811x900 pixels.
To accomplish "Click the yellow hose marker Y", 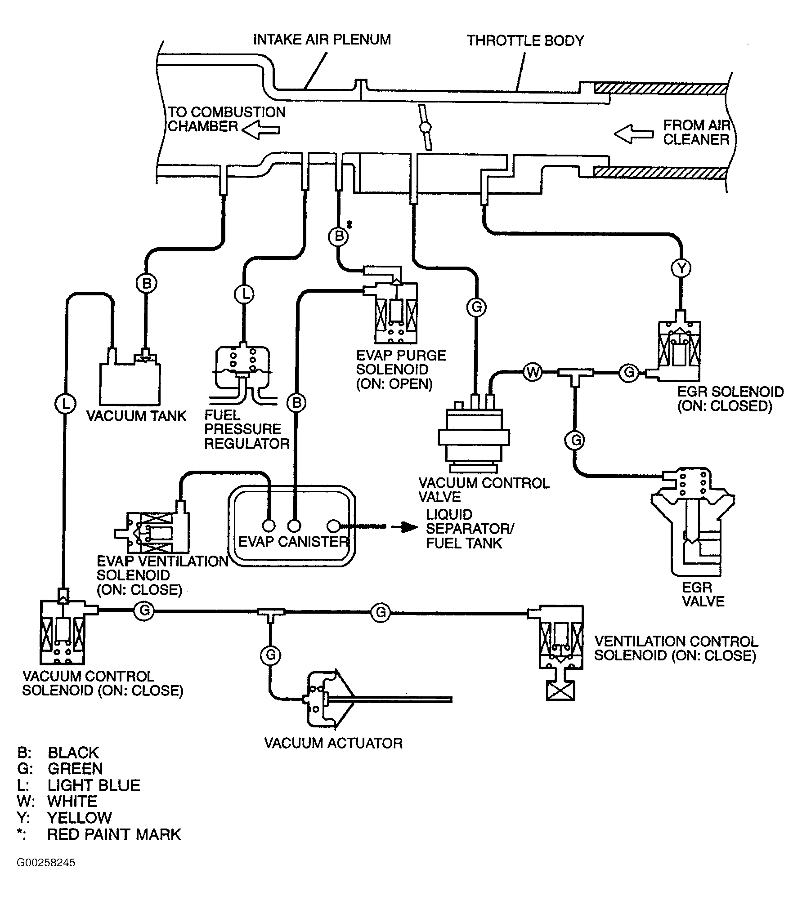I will pyautogui.click(x=681, y=268).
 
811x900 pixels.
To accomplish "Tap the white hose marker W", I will pyautogui.click(x=532, y=372).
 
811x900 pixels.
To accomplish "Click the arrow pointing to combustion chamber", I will pyautogui.click(x=261, y=130).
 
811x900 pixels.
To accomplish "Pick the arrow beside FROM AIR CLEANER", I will pyautogui.click(x=633, y=134).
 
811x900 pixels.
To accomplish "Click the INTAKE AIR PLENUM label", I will pyautogui.click(x=322, y=40).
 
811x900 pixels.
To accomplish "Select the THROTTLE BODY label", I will pyautogui.click(x=525, y=41).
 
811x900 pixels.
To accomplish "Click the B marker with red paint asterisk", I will pyautogui.click(x=339, y=236).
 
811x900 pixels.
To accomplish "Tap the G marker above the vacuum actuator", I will pyautogui.click(x=270, y=655).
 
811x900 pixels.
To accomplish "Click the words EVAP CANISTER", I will pyautogui.click(x=293, y=542).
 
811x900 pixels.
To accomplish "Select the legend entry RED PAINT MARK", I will pyautogui.click(x=113, y=834).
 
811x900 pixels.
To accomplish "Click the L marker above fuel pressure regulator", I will pyautogui.click(x=244, y=294).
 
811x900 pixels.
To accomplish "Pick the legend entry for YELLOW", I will pyautogui.click(x=79, y=817).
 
